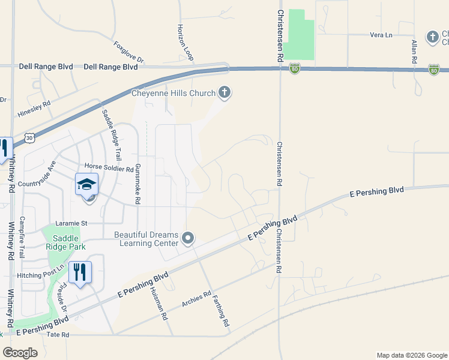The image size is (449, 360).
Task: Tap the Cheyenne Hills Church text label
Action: (x=173, y=93)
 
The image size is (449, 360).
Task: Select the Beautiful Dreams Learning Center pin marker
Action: (x=188, y=239)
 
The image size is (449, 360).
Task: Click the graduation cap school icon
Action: (x=86, y=184)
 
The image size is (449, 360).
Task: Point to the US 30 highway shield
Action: (x=29, y=138)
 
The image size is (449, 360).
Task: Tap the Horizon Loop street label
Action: (x=185, y=42)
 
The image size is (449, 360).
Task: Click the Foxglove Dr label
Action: (x=129, y=52)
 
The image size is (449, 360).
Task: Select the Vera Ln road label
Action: (x=381, y=35)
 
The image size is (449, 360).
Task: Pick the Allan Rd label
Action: (x=414, y=52)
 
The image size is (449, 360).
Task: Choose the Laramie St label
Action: (x=71, y=223)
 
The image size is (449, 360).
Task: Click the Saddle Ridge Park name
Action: (x=67, y=242)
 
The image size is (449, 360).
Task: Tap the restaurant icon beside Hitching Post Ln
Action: (x=79, y=272)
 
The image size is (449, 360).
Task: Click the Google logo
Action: (x=20, y=352)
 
